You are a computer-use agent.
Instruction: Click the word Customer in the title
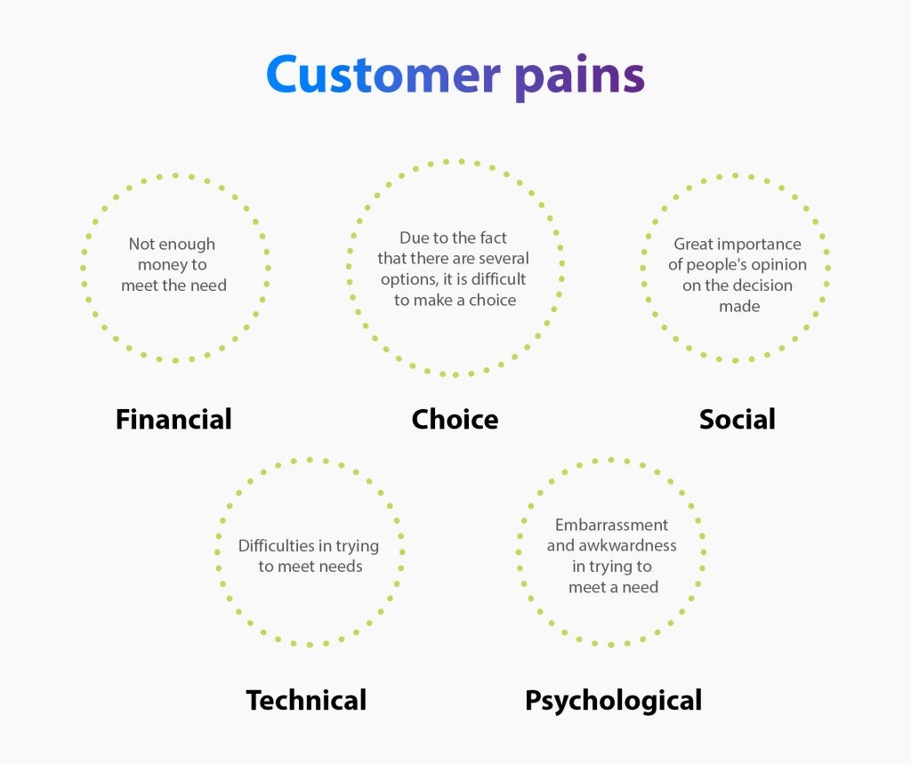383,75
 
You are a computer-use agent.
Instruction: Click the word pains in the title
580,78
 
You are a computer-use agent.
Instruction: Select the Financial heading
173,419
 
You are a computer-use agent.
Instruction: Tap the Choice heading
455,419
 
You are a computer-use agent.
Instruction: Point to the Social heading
738,419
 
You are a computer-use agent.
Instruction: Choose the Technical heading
306,700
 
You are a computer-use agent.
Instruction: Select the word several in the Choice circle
504,258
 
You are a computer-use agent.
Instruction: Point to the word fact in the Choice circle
493,237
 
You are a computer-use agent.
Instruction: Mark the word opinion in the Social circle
778,266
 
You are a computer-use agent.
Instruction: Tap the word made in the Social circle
739,306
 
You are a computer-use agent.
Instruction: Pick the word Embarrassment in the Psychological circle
611,526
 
